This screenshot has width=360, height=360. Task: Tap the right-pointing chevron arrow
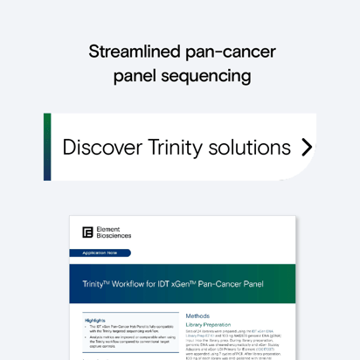(x=306, y=147)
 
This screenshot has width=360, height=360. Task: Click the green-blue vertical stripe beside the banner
(x=47, y=147)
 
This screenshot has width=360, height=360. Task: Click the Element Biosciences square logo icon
(x=87, y=232)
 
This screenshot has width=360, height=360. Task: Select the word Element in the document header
(x=109, y=229)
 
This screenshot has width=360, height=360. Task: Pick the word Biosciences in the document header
(x=114, y=236)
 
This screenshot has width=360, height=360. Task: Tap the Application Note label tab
(x=100, y=253)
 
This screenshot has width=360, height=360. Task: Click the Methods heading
(x=198, y=315)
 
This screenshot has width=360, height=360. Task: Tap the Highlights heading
(x=95, y=321)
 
